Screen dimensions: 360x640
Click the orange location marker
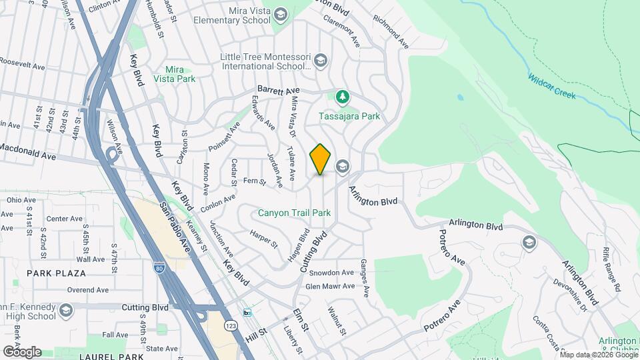click(320, 159)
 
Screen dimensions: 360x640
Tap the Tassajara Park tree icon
click(343, 98)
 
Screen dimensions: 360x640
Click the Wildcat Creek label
click(551, 87)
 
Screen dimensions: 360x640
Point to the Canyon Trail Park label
click(295, 213)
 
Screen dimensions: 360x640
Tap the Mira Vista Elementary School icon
click(281, 15)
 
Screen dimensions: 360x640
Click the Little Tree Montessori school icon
click(321, 61)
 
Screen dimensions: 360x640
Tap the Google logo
click(22, 351)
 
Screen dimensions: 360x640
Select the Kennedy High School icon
click(65, 310)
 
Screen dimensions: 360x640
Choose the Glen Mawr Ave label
click(330, 286)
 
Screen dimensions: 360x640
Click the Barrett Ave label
click(279, 90)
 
